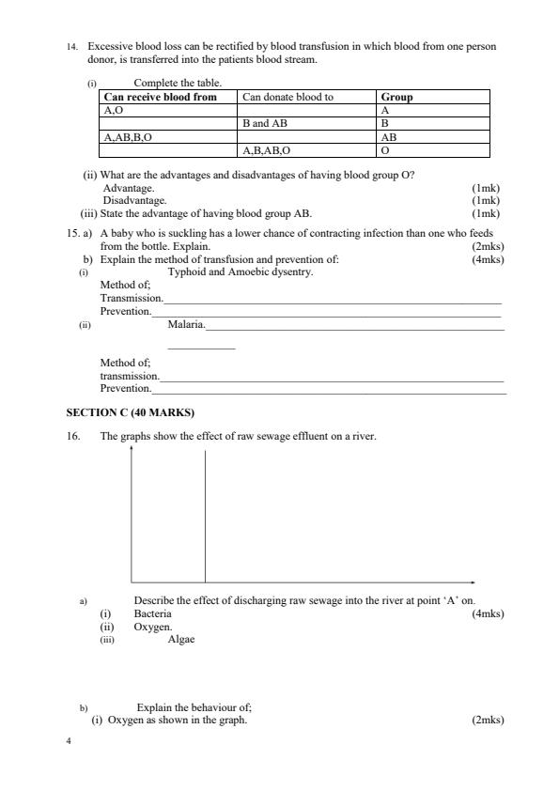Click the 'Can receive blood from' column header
[x=160, y=97]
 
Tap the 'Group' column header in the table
[x=396, y=97]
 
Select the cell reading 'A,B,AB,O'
[x=267, y=149]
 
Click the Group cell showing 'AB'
[x=389, y=136]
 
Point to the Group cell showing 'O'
[x=385, y=149]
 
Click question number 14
[x=72, y=46]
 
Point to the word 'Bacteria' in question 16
[x=153, y=613]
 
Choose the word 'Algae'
[x=181, y=639]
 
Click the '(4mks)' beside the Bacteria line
[x=488, y=613]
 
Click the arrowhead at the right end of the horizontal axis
[x=473, y=582]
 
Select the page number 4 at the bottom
[x=69, y=740]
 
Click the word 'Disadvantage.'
[x=135, y=200]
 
